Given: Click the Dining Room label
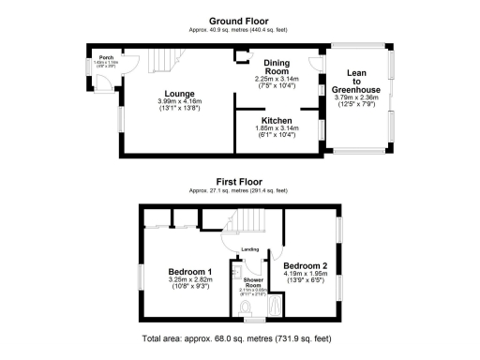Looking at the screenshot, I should click(276, 67).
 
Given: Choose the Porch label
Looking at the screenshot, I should click(106, 57).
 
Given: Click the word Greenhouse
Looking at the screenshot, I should click(355, 89).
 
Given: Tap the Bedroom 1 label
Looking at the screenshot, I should click(188, 272).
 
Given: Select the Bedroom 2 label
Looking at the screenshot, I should click(305, 265).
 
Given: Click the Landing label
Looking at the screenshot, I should click(249, 248).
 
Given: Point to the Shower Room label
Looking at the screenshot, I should click(251, 281).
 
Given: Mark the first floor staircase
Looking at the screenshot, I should click(250, 223).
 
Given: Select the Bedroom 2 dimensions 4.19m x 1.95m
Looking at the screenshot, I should click(305, 273).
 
